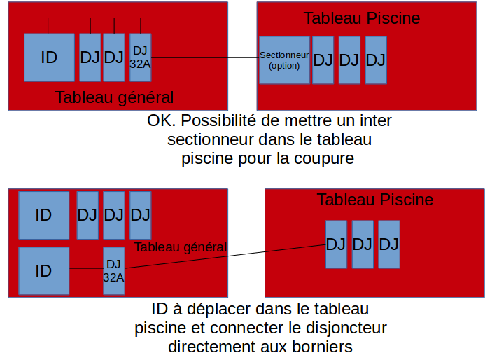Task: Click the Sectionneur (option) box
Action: pyautogui.click(x=284, y=60)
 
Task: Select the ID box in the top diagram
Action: pyautogui.click(x=49, y=57)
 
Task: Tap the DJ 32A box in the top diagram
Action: pyautogui.click(x=140, y=57)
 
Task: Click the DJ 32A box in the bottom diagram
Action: pyautogui.click(x=113, y=270)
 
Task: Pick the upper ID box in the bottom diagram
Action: pyautogui.click(x=43, y=215)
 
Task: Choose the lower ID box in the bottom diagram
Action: pyautogui.click(x=43, y=270)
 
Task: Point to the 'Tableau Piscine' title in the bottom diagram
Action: pyautogui.click(x=375, y=200)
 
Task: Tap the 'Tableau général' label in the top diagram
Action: pyautogui.click(x=115, y=97)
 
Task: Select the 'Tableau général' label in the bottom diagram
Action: pyautogui.click(x=181, y=247)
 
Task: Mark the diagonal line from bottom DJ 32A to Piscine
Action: pyautogui.click(x=224, y=256)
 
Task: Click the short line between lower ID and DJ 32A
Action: pyautogui.click(x=86, y=268)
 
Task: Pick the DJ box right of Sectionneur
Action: pyautogui.click(x=323, y=60)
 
